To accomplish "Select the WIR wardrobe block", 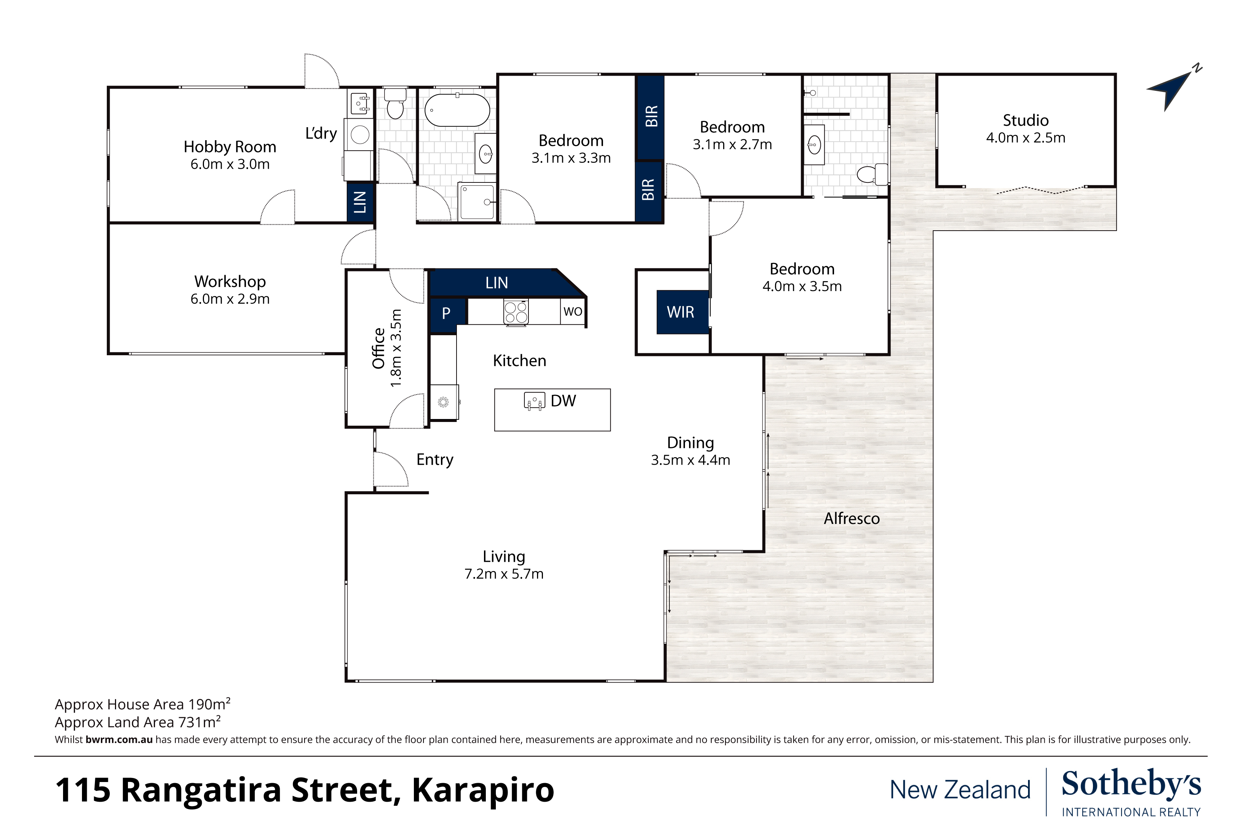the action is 682,312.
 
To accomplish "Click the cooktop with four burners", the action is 516,311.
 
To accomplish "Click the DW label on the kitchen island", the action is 563,401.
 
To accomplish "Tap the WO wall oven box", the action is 573,311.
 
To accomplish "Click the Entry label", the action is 435,460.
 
